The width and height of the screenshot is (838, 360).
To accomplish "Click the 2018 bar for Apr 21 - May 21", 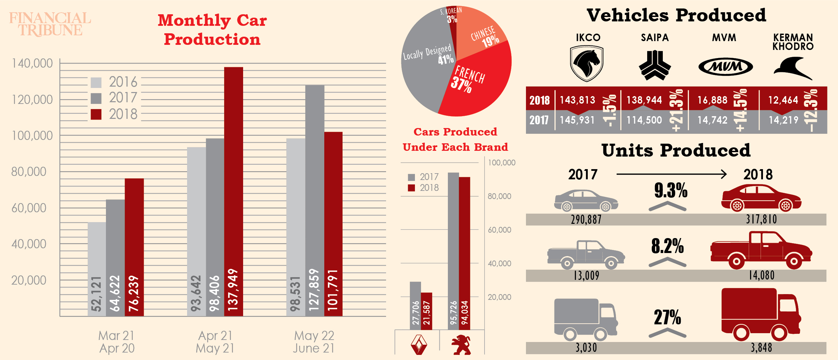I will (x=234, y=190).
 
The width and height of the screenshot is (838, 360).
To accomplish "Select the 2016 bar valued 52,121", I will (x=97, y=268).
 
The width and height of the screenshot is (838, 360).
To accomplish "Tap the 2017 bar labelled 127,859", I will (x=314, y=200).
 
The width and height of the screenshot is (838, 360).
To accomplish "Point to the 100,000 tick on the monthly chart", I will (x=32, y=136).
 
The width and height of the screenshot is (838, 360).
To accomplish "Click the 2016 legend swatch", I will (x=96, y=83).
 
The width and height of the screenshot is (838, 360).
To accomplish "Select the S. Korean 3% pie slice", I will (x=452, y=17).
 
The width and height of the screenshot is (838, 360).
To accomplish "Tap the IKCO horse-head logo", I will (x=586, y=64).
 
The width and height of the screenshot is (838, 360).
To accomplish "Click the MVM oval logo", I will (x=726, y=67).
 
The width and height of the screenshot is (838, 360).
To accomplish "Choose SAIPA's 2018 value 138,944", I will (x=644, y=100).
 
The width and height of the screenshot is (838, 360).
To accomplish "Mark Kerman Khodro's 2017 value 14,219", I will (x=783, y=120).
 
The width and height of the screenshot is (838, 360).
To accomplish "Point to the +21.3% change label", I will (x=676, y=110).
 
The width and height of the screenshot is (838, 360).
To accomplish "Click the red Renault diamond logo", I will (x=419, y=345).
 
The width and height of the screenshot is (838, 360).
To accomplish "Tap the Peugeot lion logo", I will (x=461, y=345).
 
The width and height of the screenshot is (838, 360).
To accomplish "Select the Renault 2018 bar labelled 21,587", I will (x=426, y=311).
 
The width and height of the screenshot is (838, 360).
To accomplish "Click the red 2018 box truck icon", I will (x=761, y=314).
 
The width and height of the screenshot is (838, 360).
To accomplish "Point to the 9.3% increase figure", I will (x=671, y=190).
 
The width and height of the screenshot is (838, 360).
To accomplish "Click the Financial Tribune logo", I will (x=50, y=24).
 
